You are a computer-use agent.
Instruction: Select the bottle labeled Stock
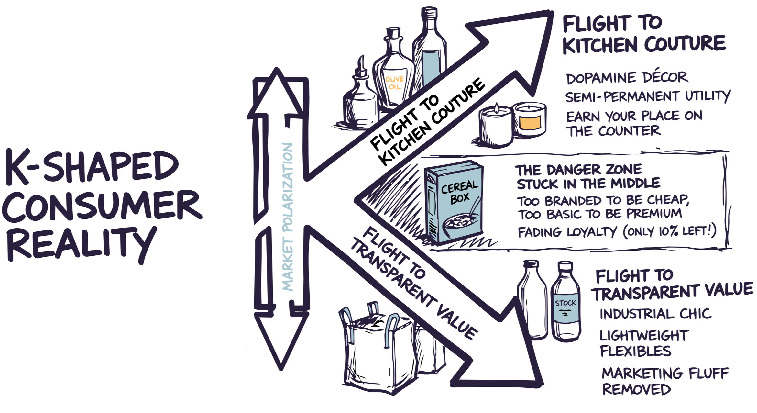pyautogui.click(x=565, y=303)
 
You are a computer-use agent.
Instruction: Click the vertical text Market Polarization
pyautogui.click(x=287, y=217)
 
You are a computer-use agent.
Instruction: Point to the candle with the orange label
pyautogui.click(x=530, y=120)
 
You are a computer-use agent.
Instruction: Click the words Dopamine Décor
pyautogui.click(x=627, y=78)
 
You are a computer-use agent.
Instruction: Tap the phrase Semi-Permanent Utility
pyautogui.click(x=647, y=96)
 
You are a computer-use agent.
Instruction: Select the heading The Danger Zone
pyautogui.click(x=578, y=170)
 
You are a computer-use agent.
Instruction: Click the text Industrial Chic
pyautogui.click(x=655, y=314)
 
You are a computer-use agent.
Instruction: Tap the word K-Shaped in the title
pyautogui.click(x=92, y=167)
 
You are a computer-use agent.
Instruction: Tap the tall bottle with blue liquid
pyautogui.click(x=430, y=52)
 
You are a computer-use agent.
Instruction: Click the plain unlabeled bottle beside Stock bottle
pyautogui.click(x=532, y=299)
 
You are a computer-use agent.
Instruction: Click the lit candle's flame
pyautogui.click(x=496, y=106)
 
